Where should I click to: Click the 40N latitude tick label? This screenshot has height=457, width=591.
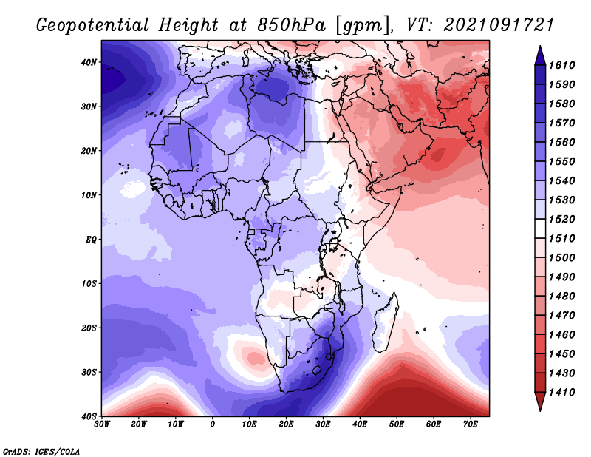pyautogui.click(x=89, y=62)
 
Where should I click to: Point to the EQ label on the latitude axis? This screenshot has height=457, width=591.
pyautogui.click(x=91, y=240)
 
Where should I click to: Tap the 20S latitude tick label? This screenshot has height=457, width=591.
pyautogui.click(x=89, y=328)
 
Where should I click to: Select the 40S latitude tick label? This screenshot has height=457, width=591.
pyautogui.click(x=89, y=416)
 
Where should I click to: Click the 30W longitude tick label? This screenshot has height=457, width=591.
pyautogui.click(x=102, y=424)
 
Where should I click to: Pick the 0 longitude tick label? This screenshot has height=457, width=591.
pyautogui.click(x=213, y=424)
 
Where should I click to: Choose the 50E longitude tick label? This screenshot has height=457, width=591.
pyautogui.click(x=397, y=424)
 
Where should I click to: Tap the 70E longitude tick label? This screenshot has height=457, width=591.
pyautogui.click(x=471, y=424)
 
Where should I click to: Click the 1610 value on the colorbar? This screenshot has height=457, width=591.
pyautogui.click(x=562, y=65)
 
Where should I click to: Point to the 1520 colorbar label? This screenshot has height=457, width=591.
pyautogui.click(x=562, y=219)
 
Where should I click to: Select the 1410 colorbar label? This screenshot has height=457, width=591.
pyautogui.click(x=562, y=393)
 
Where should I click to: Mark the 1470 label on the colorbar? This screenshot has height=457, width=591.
pyautogui.click(x=562, y=316)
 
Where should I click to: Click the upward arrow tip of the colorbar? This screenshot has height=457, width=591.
pyautogui.click(x=540, y=47)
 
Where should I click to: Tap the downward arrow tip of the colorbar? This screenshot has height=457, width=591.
pyautogui.click(x=540, y=410)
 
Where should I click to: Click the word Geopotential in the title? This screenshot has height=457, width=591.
pyautogui.click(x=93, y=26)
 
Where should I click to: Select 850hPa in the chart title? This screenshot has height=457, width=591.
pyautogui.click(x=291, y=25)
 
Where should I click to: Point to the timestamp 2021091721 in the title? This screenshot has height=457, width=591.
pyautogui.click(x=499, y=25)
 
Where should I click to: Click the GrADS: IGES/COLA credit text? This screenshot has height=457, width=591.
pyautogui.click(x=41, y=452)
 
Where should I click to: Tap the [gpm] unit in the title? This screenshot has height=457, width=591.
pyautogui.click(x=363, y=26)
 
